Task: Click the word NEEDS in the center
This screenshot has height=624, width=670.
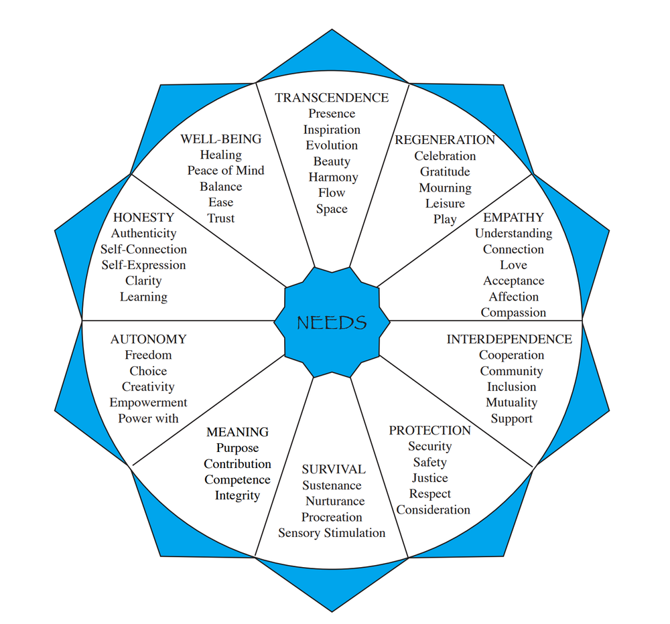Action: tap(332, 323)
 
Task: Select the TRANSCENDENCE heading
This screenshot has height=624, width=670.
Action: tap(332, 98)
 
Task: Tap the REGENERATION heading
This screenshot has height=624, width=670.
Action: tap(445, 140)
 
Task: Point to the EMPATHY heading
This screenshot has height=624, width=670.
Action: tap(514, 218)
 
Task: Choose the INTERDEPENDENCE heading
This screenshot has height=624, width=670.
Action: tap(509, 339)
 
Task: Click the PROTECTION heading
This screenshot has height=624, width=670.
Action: tap(430, 431)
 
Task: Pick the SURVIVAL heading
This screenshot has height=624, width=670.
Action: tap(334, 469)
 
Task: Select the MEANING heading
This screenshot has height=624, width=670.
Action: tap(237, 432)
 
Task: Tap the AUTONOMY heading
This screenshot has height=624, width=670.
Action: tap(149, 339)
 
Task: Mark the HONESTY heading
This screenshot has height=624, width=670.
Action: tap(143, 218)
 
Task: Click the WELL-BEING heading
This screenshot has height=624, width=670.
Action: tap(221, 139)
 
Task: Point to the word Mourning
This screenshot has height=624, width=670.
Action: tap(445, 187)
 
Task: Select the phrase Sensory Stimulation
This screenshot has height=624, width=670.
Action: tap(332, 533)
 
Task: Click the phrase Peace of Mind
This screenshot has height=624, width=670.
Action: tap(226, 171)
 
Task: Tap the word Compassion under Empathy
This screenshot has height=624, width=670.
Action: tap(513, 313)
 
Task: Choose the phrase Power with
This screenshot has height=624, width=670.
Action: tap(149, 418)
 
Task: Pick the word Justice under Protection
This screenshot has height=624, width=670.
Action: tap(430, 478)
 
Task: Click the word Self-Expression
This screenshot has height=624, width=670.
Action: tap(143, 265)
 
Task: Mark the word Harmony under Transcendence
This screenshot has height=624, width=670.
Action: tap(333, 177)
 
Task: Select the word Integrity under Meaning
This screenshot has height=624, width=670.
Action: tap(237, 495)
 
